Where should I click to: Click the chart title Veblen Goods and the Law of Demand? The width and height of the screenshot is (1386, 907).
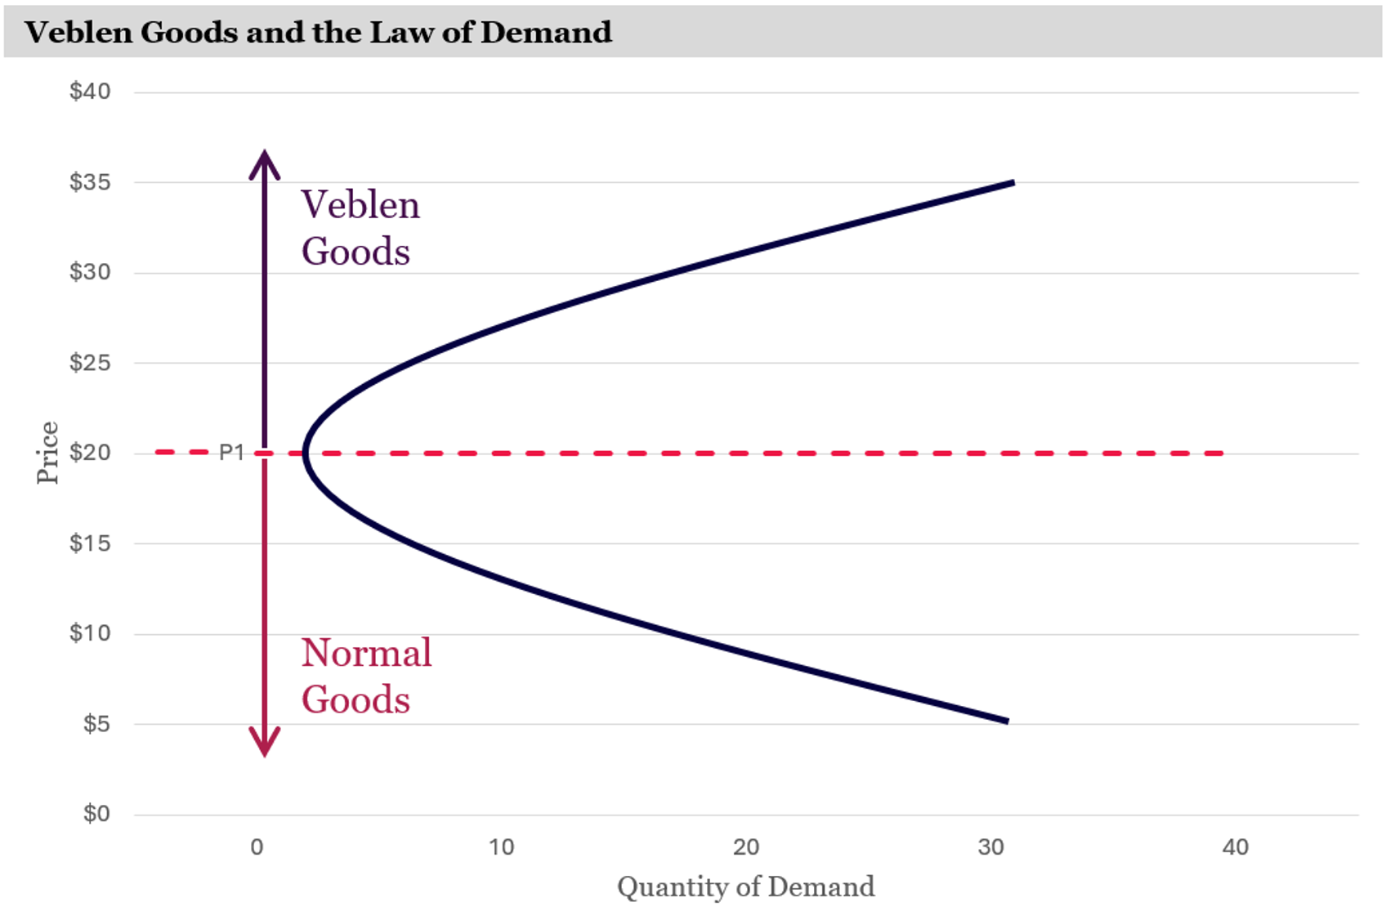click(x=318, y=32)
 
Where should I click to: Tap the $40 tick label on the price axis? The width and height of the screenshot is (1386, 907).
click(x=90, y=91)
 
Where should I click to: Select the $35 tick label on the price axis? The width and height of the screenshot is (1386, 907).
click(x=90, y=181)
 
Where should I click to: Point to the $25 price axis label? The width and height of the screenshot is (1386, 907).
click(x=90, y=362)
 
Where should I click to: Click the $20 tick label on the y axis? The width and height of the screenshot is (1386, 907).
click(x=90, y=452)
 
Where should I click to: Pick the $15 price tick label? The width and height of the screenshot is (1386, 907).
click(x=90, y=543)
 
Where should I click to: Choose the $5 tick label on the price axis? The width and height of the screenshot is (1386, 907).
click(x=96, y=723)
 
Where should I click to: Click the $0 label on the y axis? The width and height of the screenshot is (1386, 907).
click(x=96, y=813)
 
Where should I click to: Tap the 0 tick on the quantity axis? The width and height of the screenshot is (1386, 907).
click(x=257, y=847)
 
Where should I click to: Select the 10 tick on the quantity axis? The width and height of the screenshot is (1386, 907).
click(x=501, y=847)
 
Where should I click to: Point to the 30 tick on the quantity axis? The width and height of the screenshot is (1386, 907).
click(x=990, y=847)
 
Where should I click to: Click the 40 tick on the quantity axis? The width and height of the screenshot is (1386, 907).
click(x=1235, y=847)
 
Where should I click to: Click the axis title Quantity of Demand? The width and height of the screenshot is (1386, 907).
click(x=745, y=887)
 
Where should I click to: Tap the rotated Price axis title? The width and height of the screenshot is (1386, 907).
click(x=47, y=453)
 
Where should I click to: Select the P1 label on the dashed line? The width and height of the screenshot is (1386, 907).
click(x=232, y=453)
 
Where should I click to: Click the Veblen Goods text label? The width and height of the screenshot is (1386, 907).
click(x=360, y=228)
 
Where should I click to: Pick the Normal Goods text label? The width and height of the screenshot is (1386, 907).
click(x=366, y=676)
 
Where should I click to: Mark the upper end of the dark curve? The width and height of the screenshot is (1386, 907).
click(x=1012, y=183)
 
